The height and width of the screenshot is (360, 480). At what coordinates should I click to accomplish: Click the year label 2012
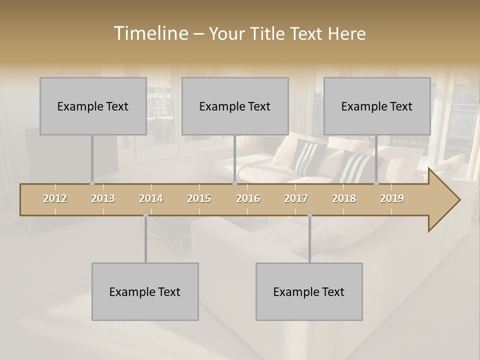click(x=55, y=198)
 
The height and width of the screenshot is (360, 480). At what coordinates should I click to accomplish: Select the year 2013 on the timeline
click(x=103, y=198)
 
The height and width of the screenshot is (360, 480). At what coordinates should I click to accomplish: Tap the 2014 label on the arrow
click(x=151, y=198)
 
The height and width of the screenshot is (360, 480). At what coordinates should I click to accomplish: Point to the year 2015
click(x=199, y=198)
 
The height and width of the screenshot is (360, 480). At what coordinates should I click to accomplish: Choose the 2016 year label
click(x=248, y=198)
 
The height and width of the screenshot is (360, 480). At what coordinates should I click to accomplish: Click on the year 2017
click(x=296, y=198)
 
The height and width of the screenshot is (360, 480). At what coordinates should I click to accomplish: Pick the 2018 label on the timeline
click(x=344, y=198)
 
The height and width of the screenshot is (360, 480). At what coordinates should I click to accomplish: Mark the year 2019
click(x=392, y=198)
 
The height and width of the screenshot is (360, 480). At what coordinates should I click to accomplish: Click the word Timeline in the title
click(x=150, y=33)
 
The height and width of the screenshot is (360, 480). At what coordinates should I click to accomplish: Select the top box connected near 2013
click(x=93, y=106)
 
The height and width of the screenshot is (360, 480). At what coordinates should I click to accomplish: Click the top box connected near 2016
click(x=235, y=106)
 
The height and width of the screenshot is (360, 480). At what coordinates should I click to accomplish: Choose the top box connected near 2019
click(x=377, y=106)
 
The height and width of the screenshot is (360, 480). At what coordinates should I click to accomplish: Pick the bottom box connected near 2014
click(x=145, y=291)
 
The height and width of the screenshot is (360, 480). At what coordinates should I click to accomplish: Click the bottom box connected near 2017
click(x=309, y=291)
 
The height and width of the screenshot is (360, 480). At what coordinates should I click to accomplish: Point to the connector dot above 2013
click(x=92, y=183)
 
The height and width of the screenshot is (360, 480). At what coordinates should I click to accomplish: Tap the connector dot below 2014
click(x=145, y=215)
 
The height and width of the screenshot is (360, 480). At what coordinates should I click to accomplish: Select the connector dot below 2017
click(x=309, y=215)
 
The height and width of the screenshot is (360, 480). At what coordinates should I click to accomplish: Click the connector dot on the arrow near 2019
click(x=376, y=183)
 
